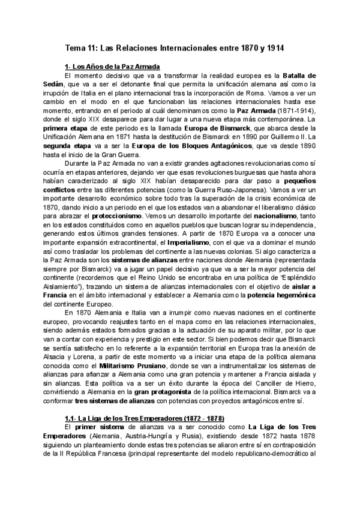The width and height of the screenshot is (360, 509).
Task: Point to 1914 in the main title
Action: tap(272, 46)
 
